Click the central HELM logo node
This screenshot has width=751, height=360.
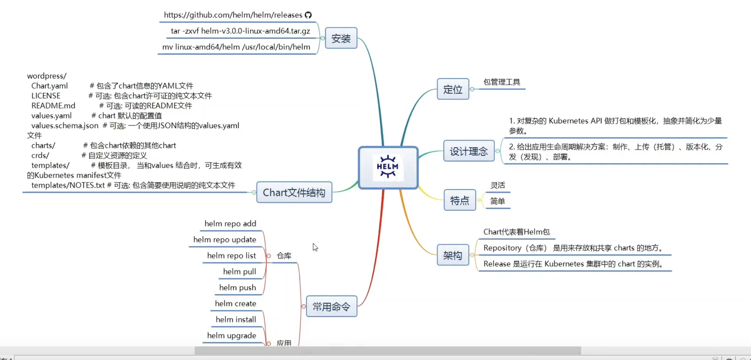point(388,168)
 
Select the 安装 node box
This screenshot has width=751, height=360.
point(341,38)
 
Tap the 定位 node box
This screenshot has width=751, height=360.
point(452,89)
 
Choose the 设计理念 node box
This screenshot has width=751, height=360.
point(469,151)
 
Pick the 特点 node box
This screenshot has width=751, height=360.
point(459,200)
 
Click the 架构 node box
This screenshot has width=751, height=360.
point(452,255)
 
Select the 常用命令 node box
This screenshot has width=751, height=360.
point(331,306)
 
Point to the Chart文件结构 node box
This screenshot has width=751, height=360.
point(294,192)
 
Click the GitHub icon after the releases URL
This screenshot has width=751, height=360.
point(308,15)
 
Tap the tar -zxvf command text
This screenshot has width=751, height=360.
point(240,31)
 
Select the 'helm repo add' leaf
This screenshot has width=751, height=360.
point(230,223)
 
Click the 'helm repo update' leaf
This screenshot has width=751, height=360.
point(225,240)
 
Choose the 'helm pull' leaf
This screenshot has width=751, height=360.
point(239,272)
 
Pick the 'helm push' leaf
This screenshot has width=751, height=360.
point(238,288)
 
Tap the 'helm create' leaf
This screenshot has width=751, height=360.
point(235,303)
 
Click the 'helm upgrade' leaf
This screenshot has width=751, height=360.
point(232,336)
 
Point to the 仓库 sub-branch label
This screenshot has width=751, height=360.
point(284,256)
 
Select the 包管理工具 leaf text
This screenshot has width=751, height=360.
point(502,82)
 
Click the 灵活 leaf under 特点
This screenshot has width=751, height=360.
point(498,185)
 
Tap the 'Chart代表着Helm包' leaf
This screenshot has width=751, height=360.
point(516,232)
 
